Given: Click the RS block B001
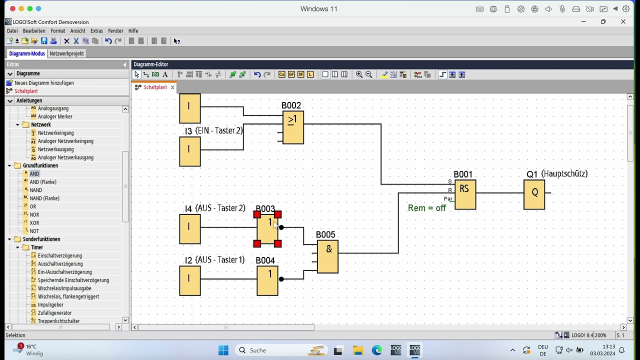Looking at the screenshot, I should point(465,194).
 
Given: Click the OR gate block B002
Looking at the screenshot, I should point(293,127).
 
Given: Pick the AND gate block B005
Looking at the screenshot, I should point(327,256).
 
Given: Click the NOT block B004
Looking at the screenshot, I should point(267,280).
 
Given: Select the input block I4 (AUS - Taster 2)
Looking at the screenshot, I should point(189,229).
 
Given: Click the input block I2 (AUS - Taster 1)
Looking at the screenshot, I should point(189,280).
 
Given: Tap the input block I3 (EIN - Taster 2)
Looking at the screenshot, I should point(189,151).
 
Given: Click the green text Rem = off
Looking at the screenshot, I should point(426,208).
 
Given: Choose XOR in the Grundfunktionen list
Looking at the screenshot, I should point(34,223).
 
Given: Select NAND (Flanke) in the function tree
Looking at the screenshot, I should point(44,198).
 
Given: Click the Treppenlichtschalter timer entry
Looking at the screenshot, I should point(58,321).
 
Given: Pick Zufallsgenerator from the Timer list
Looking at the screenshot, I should point(54,313).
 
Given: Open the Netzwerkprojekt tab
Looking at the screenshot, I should point(66,53).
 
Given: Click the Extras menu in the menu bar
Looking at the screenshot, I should point(96,31).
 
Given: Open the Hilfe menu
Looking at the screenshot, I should point(133,31).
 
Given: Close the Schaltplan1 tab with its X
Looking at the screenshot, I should point(172,87).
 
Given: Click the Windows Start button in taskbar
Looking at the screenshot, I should point(223,350).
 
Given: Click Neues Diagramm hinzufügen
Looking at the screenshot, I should point(44,83).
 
